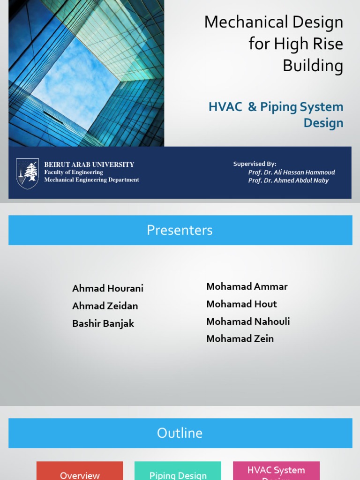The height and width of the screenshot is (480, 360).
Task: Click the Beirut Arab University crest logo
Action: pos(27,173)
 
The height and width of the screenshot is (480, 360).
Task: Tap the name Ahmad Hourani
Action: pos(108,288)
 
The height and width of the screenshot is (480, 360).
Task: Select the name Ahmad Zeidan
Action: pos(105,306)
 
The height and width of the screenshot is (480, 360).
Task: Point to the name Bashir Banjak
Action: pos(103,323)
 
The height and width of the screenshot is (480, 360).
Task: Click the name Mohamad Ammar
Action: pos(247,286)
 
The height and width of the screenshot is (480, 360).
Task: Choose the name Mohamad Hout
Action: pos(241,304)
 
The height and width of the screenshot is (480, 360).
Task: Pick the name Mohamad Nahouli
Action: pos(248,322)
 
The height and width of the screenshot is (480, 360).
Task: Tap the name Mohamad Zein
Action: pos(240,339)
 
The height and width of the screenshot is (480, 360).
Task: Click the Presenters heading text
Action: pos(180,230)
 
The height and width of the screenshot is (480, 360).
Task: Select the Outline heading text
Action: pos(180,433)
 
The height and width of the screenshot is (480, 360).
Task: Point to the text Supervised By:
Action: pos(255,164)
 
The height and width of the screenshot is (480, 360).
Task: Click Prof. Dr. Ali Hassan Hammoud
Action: pos(292,172)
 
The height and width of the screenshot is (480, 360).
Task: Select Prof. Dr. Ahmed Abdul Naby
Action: pos(288,180)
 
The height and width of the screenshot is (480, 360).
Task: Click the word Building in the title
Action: pos(313,66)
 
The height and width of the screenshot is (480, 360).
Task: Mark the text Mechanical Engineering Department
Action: pos(91,180)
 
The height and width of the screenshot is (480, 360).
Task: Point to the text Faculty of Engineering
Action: pos(74,172)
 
